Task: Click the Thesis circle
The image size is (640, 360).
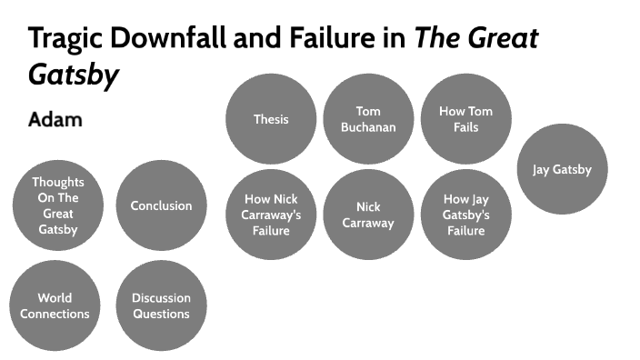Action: (271, 119)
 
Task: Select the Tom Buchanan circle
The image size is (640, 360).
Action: (368, 119)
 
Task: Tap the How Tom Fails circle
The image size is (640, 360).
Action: (465, 119)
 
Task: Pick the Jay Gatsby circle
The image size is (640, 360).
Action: (563, 169)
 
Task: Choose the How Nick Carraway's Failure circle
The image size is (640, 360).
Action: (271, 215)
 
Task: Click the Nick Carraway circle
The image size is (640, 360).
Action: (368, 215)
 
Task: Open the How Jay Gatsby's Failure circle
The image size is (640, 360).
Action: (465, 215)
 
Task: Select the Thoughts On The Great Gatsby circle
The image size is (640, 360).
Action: (58, 205)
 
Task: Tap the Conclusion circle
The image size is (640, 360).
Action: (161, 205)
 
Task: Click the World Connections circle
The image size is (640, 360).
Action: (55, 305)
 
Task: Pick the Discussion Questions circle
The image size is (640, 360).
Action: (161, 305)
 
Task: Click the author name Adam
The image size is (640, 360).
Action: (55, 119)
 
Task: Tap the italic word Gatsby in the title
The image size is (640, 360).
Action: (74, 75)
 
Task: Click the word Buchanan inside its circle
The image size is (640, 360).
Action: (368, 127)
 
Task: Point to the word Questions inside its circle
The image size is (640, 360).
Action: (161, 314)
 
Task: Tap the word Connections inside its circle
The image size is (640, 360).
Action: (55, 314)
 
